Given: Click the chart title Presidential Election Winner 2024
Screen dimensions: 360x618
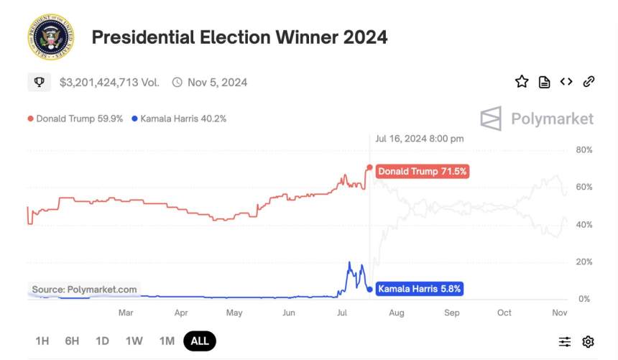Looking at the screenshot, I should tap(239, 37).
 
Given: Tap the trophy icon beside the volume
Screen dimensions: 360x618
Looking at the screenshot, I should tap(39, 82).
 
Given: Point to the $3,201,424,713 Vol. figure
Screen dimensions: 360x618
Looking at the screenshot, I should tap(109, 82).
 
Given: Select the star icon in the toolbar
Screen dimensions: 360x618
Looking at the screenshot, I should tap(522, 82).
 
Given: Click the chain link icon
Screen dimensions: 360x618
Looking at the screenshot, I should tap(589, 82).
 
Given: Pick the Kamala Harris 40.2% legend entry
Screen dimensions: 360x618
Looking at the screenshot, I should tap(179, 119).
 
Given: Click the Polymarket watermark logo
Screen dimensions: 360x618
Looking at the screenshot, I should tap(538, 119).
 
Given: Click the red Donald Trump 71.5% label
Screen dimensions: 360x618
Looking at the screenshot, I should tap(423, 172).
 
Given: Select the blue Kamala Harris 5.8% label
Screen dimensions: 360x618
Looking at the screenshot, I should tap(420, 289).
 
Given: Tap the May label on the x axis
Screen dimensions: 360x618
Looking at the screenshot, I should tap(234, 313).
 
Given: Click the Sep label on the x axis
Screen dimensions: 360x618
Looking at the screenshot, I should tap(451, 313).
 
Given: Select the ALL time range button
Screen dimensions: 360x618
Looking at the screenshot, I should tap(200, 341).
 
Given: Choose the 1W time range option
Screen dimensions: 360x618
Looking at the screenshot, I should tap(134, 341).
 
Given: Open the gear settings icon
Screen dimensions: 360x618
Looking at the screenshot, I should tap(588, 341).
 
